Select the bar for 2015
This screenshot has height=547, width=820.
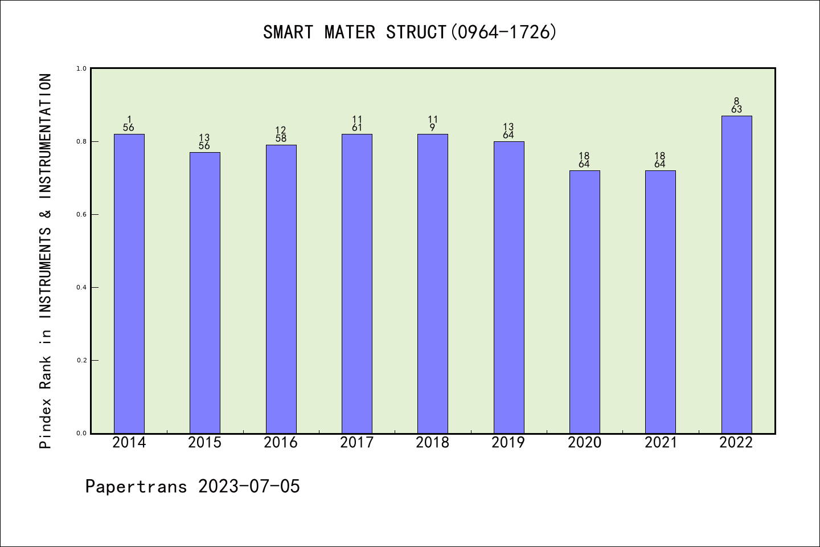click(x=205, y=293)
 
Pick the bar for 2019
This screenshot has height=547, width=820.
click(x=509, y=287)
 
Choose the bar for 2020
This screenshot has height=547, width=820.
click(x=584, y=302)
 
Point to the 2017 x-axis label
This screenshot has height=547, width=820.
click(x=356, y=443)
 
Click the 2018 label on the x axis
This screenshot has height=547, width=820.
click(x=433, y=443)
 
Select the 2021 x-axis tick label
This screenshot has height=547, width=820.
click(x=661, y=443)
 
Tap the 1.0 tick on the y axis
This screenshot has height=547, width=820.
click(x=81, y=68)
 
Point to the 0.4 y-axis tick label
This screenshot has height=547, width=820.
click(x=81, y=287)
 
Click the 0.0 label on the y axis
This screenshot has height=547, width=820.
click(x=81, y=433)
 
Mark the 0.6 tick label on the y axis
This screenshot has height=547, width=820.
click(x=81, y=214)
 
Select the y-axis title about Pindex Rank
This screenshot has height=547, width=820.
click(x=46, y=260)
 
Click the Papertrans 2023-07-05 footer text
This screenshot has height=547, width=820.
click(x=192, y=487)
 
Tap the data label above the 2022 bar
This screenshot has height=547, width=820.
click(x=736, y=105)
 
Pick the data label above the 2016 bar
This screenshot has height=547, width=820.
click(x=281, y=134)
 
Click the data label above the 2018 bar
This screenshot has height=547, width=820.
click(x=433, y=124)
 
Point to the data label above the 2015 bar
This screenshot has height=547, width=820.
click(x=205, y=142)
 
